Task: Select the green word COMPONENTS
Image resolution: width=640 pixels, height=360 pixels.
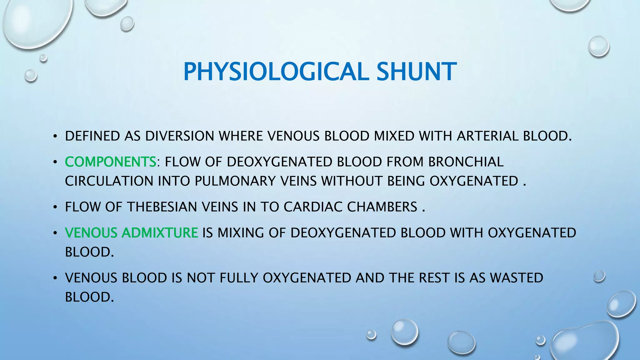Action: click(110, 162)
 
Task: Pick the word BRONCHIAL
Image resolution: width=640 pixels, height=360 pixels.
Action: click(466, 162)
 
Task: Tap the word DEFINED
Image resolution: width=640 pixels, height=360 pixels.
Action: click(92, 136)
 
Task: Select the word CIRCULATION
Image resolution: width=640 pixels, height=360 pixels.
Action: click(109, 181)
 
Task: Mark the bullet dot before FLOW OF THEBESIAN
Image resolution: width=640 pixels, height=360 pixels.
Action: click(55, 207)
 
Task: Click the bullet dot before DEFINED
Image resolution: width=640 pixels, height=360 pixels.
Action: click(55, 137)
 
